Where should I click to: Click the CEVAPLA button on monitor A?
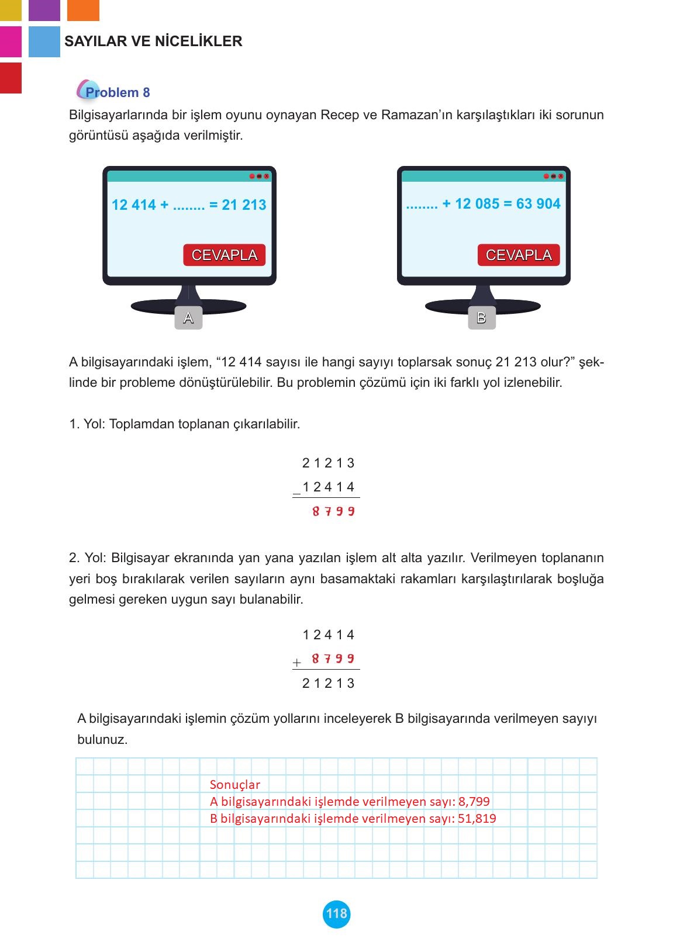pyautogui.click(x=224, y=255)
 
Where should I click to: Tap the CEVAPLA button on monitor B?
pyautogui.click(x=519, y=255)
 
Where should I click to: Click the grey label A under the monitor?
pyautogui.click(x=188, y=318)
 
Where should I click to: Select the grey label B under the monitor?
pyautogui.click(x=482, y=318)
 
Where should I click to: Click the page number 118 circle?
pyautogui.click(x=336, y=914)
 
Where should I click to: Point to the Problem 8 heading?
pyautogui.click(x=117, y=92)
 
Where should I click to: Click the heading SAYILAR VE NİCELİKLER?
pyautogui.click(x=153, y=41)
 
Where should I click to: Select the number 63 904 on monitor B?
pyautogui.click(x=538, y=204)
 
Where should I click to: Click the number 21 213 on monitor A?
pyautogui.click(x=244, y=205)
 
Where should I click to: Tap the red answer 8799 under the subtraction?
pyautogui.click(x=333, y=512)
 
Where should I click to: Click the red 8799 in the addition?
pyautogui.click(x=333, y=659)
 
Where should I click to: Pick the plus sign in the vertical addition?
pyautogui.click(x=297, y=663)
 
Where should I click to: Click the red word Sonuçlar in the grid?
pyautogui.click(x=234, y=785)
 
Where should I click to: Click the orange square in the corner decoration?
pyautogui.click(x=83, y=10)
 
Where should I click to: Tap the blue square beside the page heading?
pyautogui.click(x=44, y=41)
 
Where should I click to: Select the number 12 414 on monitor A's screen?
pyautogui.click(x=134, y=205)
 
